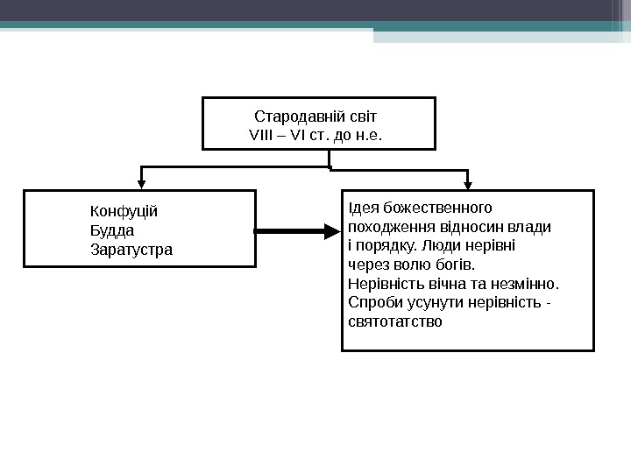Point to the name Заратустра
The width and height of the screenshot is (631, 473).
pyautogui.click(x=132, y=250)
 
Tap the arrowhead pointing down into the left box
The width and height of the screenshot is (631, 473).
pyautogui.click(x=142, y=184)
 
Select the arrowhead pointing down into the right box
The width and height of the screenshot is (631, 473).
pyautogui.click(x=468, y=184)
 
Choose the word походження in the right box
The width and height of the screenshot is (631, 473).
pyautogui.click(x=386, y=227)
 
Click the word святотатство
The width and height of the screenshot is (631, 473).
pyautogui.click(x=395, y=322)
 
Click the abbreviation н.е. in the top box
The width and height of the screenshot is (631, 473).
pyautogui.click(x=371, y=137)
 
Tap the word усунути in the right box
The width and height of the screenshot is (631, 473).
pyautogui.click(x=425, y=303)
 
